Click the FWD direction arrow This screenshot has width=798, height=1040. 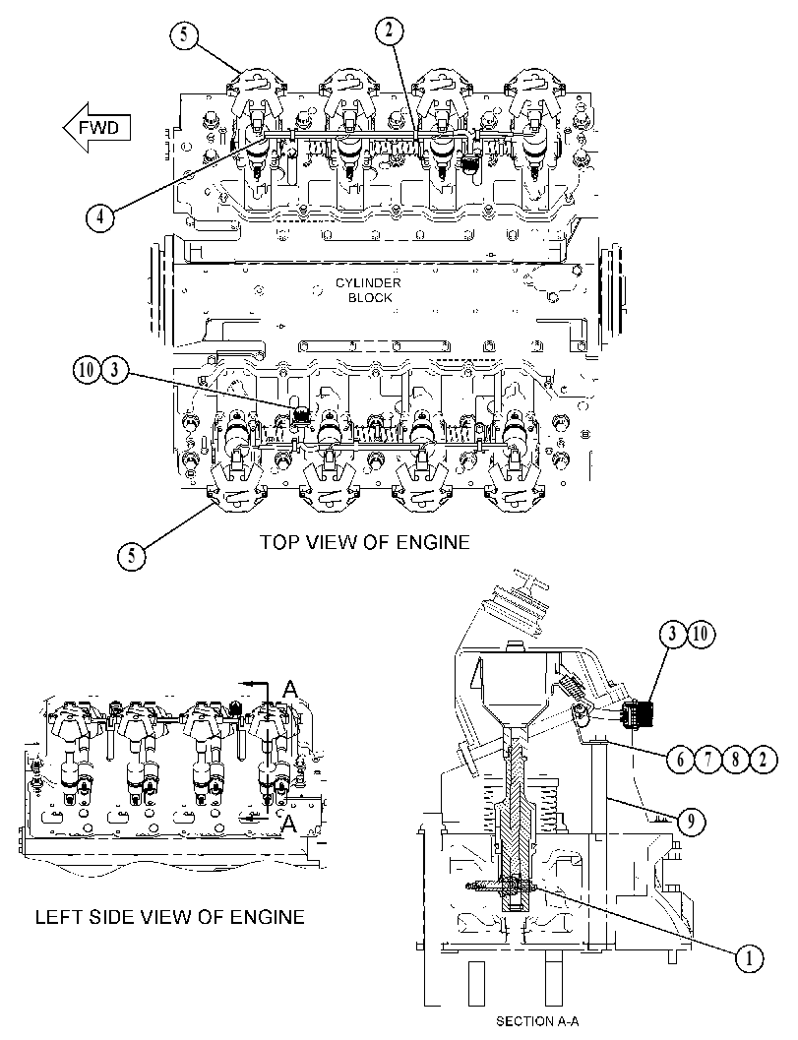pyautogui.click(x=96, y=127)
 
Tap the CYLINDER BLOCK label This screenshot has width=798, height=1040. pyautogui.click(x=368, y=290)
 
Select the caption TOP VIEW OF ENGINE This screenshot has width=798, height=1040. pyautogui.click(x=364, y=542)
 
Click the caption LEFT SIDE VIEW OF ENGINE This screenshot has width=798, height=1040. pyautogui.click(x=170, y=917)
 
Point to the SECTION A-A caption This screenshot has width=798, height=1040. pyautogui.click(x=537, y=1020)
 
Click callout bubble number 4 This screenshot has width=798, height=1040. pyautogui.click(x=99, y=216)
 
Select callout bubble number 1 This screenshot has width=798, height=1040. pyautogui.click(x=750, y=957)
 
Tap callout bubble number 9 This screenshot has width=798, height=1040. pyautogui.click(x=691, y=822)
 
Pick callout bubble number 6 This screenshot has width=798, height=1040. pyautogui.click(x=680, y=759)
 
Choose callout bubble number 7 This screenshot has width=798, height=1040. pyautogui.click(x=707, y=759)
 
